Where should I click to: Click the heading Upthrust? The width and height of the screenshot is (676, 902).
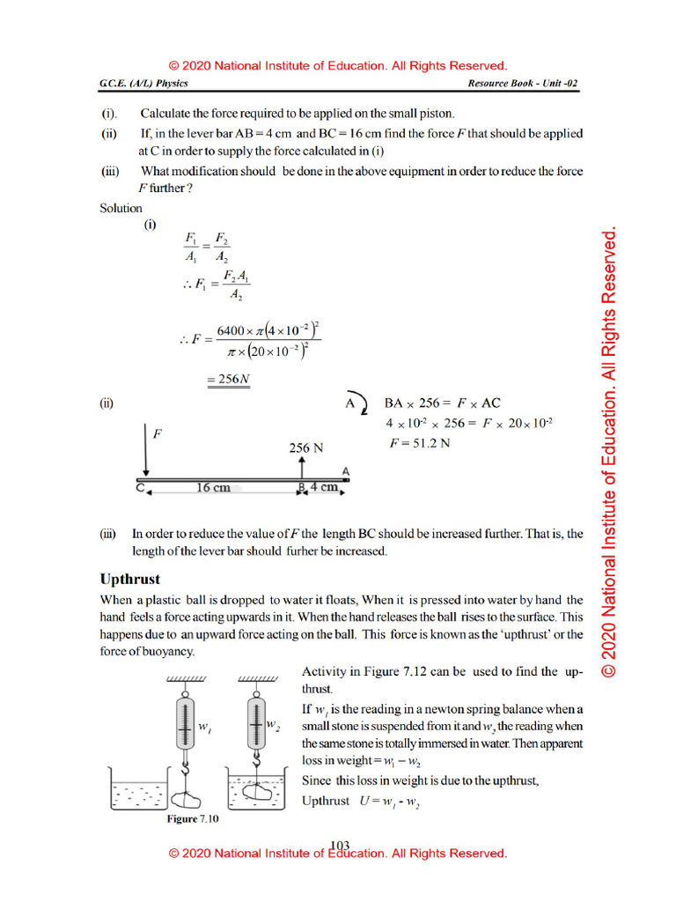(130, 580)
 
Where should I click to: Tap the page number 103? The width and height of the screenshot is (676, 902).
(339, 846)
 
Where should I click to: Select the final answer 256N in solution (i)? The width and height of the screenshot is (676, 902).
(229, 380)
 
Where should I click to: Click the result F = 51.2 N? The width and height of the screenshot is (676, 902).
(420, 443)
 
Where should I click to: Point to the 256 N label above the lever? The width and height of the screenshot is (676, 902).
(306, 447)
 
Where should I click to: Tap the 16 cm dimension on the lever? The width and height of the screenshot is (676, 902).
(212, 488)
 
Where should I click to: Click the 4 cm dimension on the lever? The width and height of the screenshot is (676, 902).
(323, 488)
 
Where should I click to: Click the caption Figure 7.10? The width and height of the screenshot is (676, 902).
(193, 819)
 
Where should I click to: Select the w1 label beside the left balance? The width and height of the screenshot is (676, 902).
(204, 727)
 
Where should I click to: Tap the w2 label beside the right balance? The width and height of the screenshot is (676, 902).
(273, 725)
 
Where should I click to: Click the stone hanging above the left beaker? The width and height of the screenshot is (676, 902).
(187, 801)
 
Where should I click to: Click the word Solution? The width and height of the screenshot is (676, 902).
(121, 209)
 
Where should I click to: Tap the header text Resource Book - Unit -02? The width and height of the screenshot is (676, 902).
(523, 84)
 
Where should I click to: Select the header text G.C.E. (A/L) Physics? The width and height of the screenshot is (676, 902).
(143, 84)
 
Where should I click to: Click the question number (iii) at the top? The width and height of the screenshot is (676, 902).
(110, 171)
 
